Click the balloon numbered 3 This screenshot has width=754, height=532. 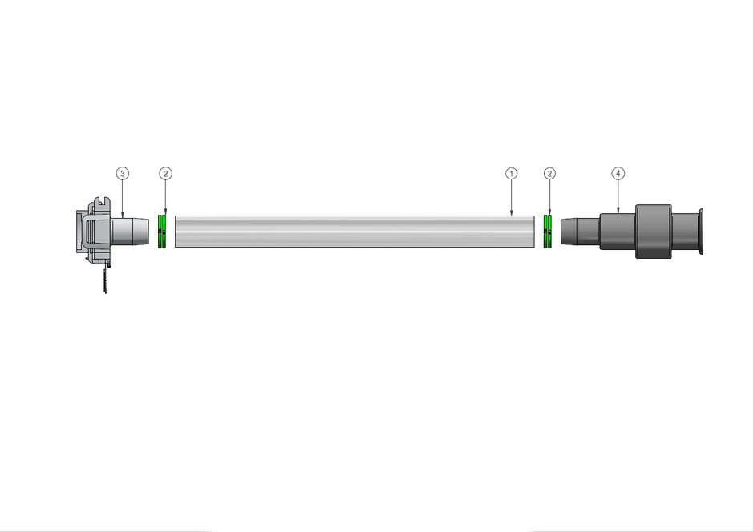pos(122,173)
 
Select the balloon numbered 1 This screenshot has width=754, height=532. pos(511,173)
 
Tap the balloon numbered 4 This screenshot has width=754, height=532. pos(618,173)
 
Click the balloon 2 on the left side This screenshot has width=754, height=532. pos(165,173)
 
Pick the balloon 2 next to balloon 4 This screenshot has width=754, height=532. pos(549,173)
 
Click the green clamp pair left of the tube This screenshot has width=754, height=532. pos(162,232)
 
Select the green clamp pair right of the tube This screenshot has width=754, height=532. pos(549,232)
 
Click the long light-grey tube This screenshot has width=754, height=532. pos(353,232)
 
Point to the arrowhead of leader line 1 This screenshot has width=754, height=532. pos(511,214)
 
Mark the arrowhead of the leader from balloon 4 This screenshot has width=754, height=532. pos(618,212)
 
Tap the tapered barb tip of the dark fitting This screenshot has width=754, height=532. pos(569,231)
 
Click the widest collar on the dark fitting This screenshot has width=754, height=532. pos(652,232)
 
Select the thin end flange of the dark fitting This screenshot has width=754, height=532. pos(702,232)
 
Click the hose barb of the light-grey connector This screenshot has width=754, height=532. pos(132,232)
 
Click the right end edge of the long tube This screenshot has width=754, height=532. pos(534,232)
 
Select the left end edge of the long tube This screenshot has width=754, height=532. pos(176,232)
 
